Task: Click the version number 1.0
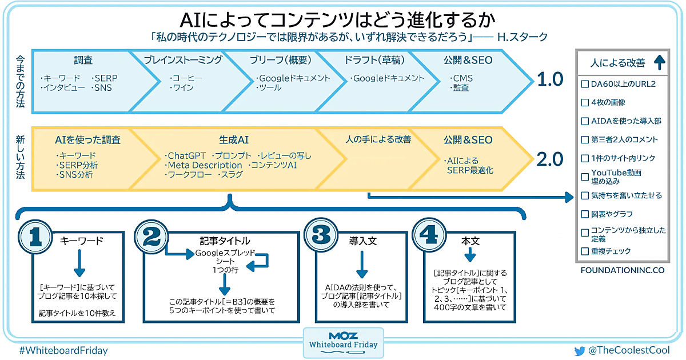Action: click(550, 79)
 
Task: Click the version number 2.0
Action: click(550, 158)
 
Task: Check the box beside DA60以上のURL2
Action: click(585, 84)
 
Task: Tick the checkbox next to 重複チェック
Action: click(585, 251)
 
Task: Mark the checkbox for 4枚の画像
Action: click(585, 102)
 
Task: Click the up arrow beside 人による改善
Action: click(657, 62)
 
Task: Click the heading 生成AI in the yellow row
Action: click(234, 139)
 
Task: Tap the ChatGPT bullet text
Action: click(186, 155)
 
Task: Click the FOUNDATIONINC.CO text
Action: click(622, 270)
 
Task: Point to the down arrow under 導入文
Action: click(361, 265)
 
